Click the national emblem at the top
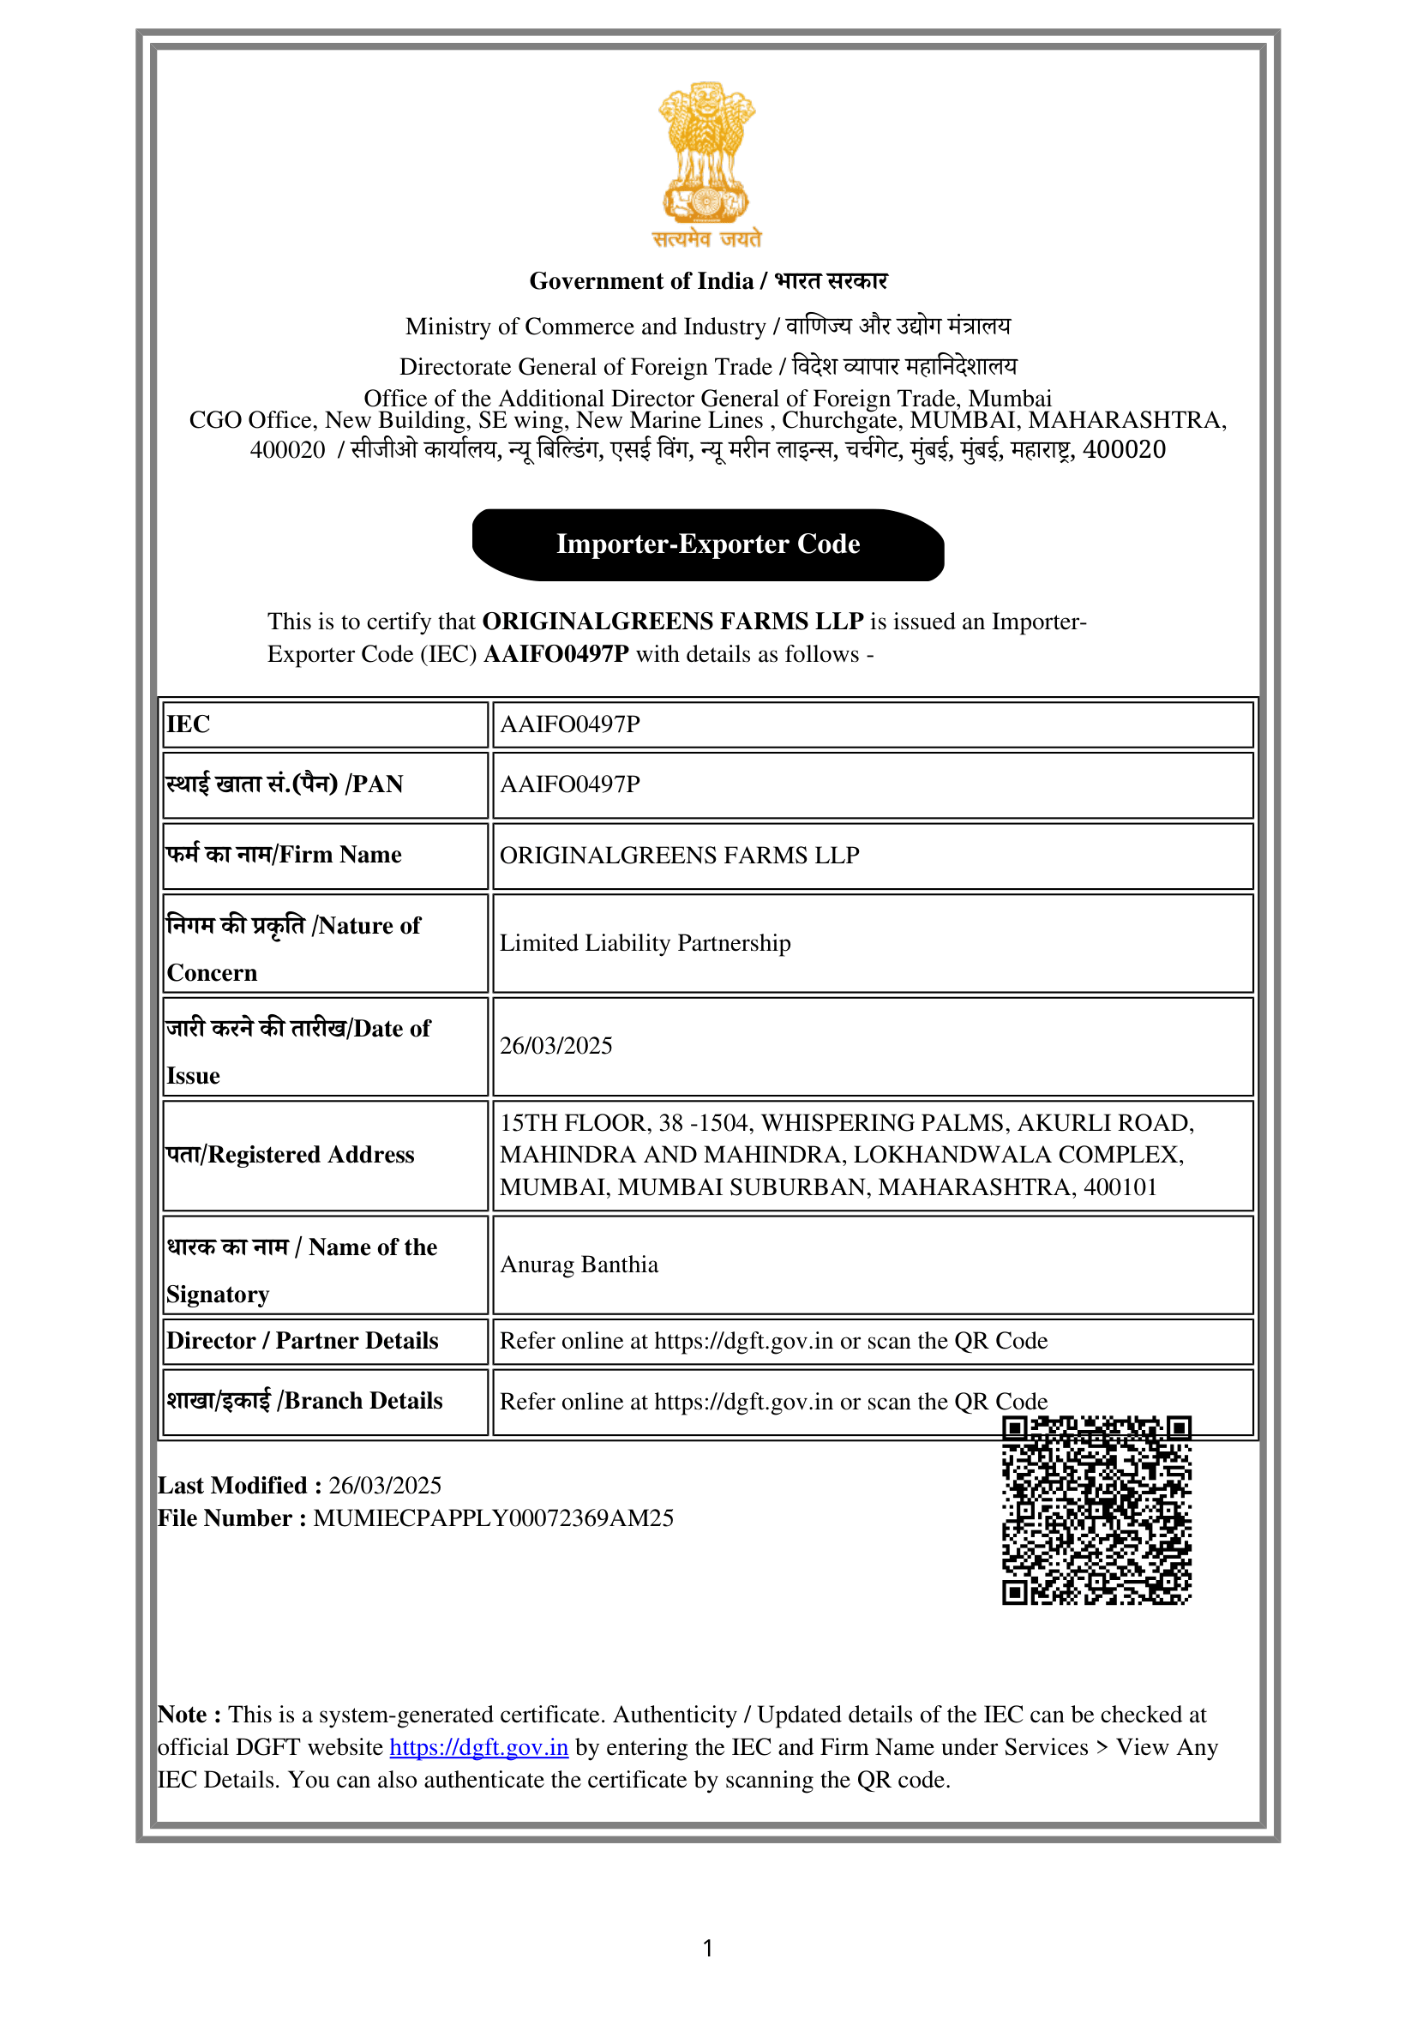click(706, 164)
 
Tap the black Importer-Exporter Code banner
click(708, 544)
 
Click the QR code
click(1096, 1510)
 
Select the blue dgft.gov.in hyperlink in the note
click(479, 1747)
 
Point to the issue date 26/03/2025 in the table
click(555, 1046)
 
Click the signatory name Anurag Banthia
click(579, 1265)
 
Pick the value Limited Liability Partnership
click(645, 943)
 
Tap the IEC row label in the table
click(188, 724)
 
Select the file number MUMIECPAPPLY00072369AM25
click(493, 1517)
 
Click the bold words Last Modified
click(232, 1485)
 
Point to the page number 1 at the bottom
click(708, 1947)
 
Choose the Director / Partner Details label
click(302, 1341)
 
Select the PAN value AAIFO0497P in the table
click(569, 784)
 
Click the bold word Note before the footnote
click(183, 1715)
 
